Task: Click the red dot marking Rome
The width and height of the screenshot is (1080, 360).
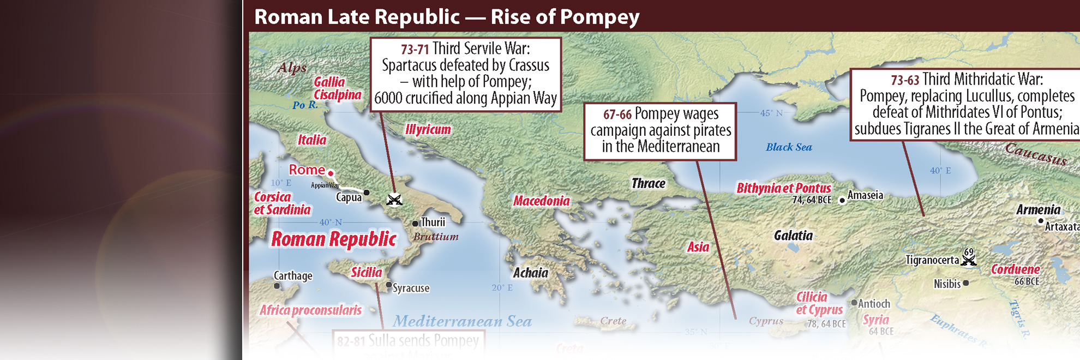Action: [x=331, y=173]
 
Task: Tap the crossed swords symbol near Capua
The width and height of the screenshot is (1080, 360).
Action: [x=394, y=200]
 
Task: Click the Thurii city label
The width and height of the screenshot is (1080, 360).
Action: [x=433, y=222]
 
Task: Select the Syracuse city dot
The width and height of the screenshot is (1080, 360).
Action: [x=388, y=285]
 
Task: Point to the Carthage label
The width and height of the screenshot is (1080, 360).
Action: [x=293, y=275]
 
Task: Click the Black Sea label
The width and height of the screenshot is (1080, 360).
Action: [x=789, y=147]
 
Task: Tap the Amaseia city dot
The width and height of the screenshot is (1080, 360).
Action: [x=842, y=201]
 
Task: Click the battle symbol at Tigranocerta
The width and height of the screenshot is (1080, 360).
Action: [x=969, y=260]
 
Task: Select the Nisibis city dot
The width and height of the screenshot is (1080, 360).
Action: [x=965, y=283]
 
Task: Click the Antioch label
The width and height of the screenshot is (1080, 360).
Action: [x=874, y=304]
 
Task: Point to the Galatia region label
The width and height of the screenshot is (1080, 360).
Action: [x=793, y=236]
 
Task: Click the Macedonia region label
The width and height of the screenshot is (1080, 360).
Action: [x=541, y=201]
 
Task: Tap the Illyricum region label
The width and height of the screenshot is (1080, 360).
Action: [x=428, y=130]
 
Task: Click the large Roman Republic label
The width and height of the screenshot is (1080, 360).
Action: [x=334, y=239]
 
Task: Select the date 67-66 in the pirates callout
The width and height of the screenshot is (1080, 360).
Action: [x=617, y=115]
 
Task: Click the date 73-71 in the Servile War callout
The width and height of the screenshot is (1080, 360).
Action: [x=415, y=50]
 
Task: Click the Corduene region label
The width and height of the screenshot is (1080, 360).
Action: [x=1015, y=269]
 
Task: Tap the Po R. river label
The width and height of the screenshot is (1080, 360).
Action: [x=305, y=105]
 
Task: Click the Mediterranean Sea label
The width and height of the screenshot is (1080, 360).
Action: [x=462, y=321]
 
